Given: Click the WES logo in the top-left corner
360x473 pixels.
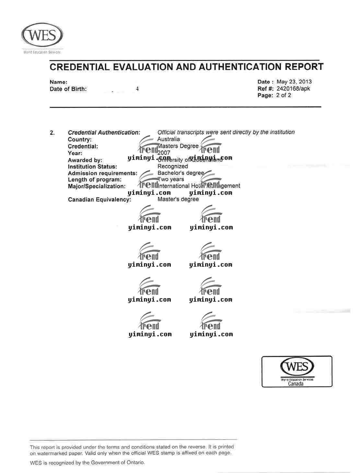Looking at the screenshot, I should pos(42,36).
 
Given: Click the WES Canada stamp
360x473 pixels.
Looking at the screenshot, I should pos(297,371).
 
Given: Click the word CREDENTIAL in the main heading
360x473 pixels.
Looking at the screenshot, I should pos(80,67).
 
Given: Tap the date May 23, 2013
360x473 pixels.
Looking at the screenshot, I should pos(294,82).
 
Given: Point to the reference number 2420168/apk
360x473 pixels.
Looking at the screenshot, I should pos(293,88).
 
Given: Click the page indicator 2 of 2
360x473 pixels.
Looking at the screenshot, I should pos(284,95).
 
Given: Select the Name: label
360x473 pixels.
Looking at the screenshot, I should pos(58,82).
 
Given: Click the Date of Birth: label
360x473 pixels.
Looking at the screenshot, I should pos(68,89).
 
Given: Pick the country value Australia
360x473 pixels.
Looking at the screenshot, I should pos(168,139).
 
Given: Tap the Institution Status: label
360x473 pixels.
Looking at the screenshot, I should pos(92,167).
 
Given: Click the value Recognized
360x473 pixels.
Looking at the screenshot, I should pos(173,166).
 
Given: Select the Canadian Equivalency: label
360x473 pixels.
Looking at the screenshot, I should pos(99,199).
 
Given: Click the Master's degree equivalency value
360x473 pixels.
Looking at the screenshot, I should pos(178,199).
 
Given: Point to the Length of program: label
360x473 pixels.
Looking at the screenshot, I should pos(95,180).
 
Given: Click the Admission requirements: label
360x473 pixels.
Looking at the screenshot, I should pos(102,173).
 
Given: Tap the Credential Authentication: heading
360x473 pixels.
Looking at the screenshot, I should pos(104,132).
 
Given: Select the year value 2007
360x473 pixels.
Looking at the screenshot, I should pos(164,153).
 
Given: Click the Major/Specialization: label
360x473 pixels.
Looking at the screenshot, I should pos(97,186).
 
